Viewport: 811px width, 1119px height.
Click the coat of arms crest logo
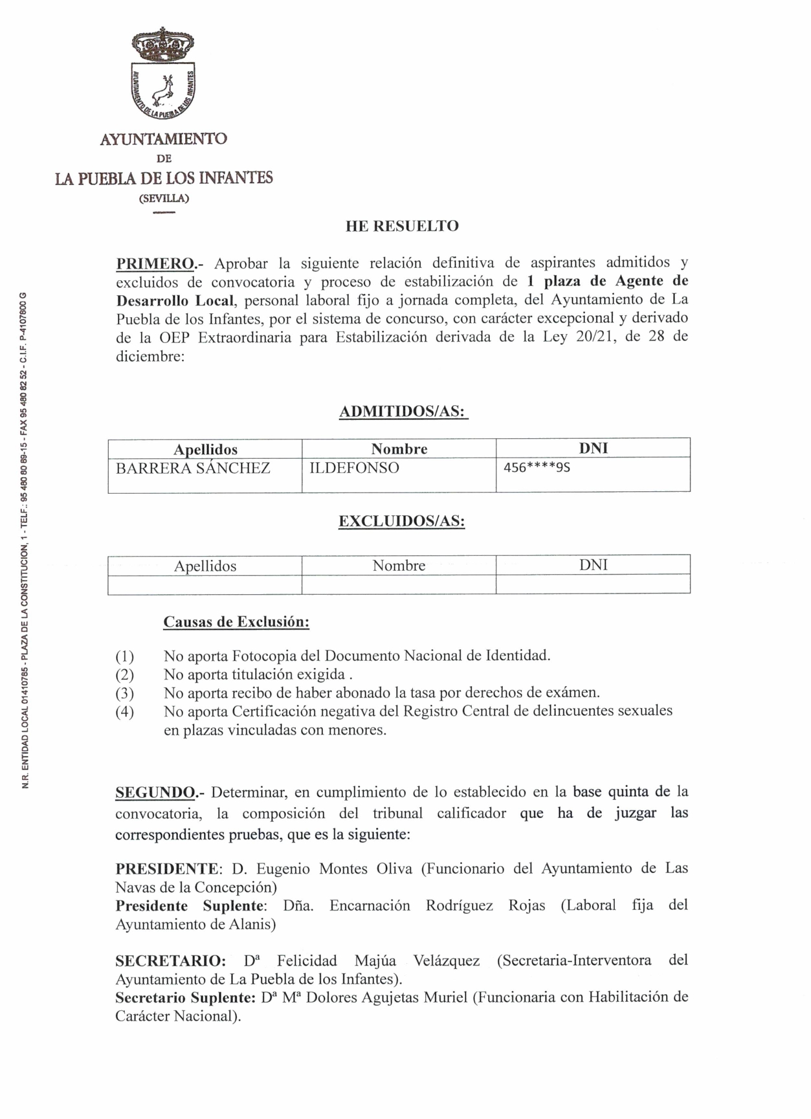point(163,74)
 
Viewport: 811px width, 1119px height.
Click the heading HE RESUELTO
point(402,226)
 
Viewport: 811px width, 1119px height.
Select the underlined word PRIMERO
point(155,263)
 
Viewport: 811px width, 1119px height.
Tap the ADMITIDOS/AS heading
point(403,412)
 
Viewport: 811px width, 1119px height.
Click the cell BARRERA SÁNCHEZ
point(193,468)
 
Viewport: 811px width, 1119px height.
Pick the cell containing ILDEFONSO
point(354,468)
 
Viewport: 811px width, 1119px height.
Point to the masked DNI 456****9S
point(537,467)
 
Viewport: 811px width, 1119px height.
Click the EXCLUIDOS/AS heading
point(401,522)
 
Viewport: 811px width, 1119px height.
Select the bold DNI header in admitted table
point(593,449)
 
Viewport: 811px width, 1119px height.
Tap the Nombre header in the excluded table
point(399,566)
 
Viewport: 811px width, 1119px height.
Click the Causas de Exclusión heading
point(236,622)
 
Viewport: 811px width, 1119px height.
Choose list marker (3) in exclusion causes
point(125,693)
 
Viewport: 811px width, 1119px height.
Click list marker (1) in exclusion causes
point(125,656)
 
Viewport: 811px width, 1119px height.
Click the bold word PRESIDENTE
point(167,869)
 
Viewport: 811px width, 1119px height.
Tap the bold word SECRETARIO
point(170,960)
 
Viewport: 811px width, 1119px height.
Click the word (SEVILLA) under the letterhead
point(164,198)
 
